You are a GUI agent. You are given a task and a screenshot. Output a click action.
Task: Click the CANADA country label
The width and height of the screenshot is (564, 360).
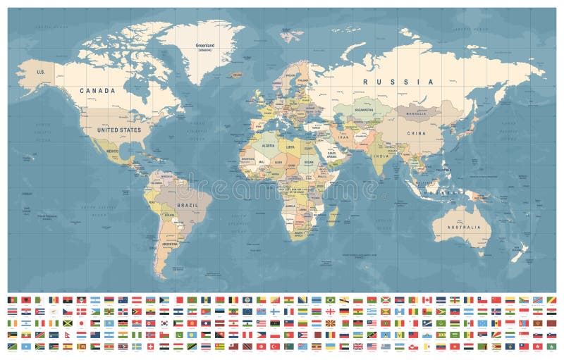click(99, 90)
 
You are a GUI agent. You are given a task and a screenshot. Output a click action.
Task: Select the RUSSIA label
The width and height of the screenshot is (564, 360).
click(398, 82)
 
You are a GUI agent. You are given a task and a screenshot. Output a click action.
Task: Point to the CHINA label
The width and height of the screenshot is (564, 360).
click(415, 132)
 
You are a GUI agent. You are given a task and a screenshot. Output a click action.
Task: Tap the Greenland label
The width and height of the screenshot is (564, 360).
click(205, 46)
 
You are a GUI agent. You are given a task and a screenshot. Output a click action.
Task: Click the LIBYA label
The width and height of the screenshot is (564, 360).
click(290, 147)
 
